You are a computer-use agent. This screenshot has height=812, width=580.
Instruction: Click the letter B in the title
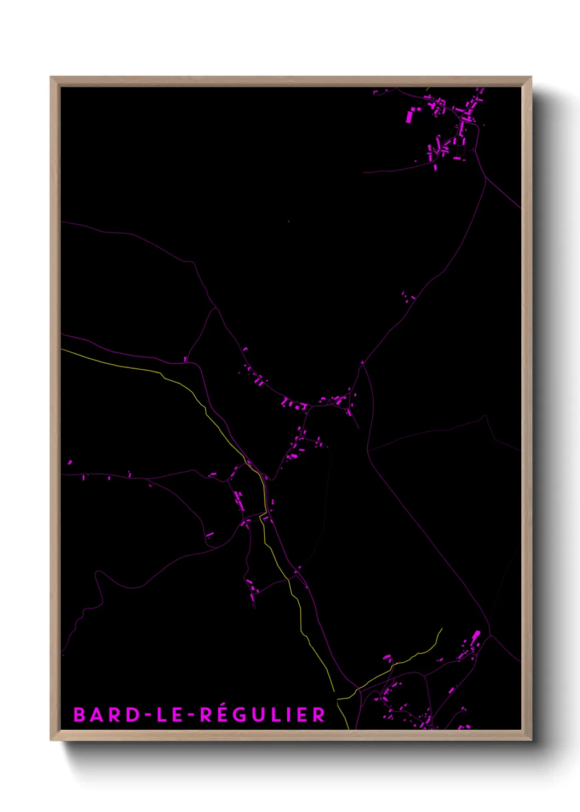(79, 715)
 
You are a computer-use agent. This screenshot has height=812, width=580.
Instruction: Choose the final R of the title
(319, 715)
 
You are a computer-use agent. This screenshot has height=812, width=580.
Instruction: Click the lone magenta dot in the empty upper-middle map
(288, 222)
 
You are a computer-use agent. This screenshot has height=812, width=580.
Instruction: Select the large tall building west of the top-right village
(409, 116)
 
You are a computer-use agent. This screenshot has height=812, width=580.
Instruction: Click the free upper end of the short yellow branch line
(442, 629)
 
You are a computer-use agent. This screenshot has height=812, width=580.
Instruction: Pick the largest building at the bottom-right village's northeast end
(476, 636)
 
